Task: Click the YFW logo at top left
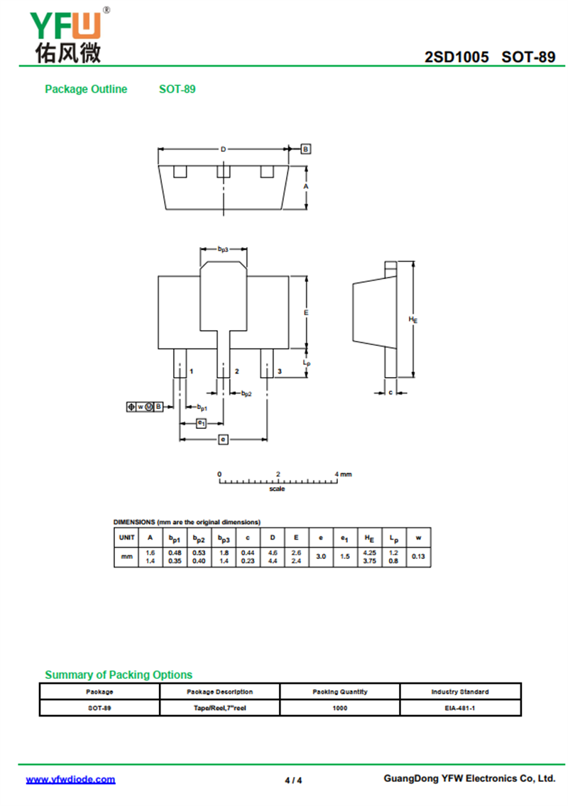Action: coord(69,35)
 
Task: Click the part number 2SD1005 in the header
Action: coord(457,57)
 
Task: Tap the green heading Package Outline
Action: coord(86,89)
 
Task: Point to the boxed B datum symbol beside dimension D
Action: coord(306,149)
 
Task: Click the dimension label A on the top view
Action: coord(306,186)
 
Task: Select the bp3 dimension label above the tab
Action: coord(223,249)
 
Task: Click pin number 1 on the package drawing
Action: coord(191,371)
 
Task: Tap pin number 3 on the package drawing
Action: coord(280,371)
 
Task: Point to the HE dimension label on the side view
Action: coord(413,320)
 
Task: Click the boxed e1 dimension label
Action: coord(202,423)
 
